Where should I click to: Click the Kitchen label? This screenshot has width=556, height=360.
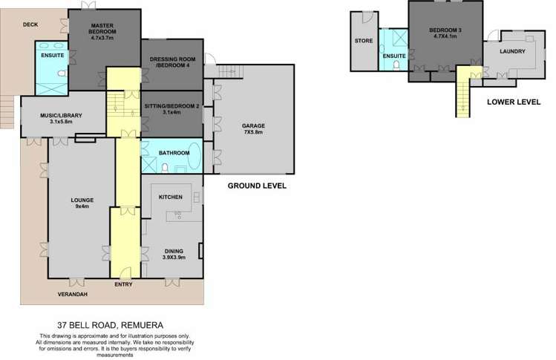(x=171, y=196)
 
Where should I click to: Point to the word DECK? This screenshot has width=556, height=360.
(x=30, y=24)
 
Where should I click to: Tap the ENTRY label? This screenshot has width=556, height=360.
(x=124, y=284)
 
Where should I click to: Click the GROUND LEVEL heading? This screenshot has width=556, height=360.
(x=256, y=185)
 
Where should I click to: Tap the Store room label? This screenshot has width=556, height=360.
(x=363, y=41)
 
